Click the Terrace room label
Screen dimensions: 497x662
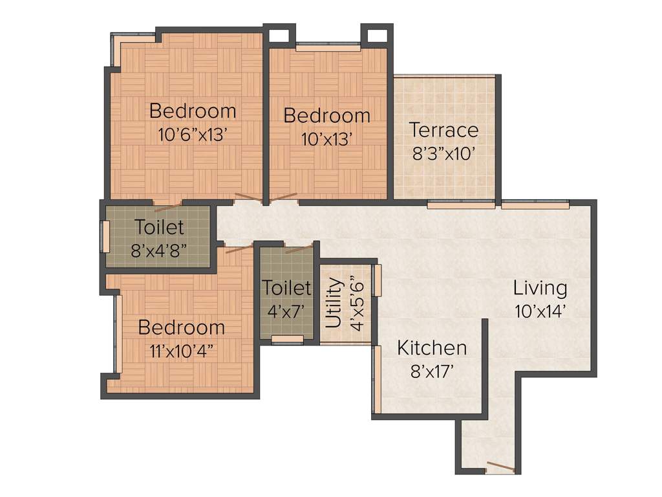point(444,130)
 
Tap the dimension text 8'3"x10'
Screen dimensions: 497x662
point(444,153)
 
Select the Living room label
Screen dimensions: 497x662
point(540,287)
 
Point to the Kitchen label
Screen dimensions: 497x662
point(432,348)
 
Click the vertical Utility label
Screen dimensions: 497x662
point(334,302)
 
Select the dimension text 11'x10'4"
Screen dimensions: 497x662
point(182,351)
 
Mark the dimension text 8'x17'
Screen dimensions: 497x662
point(432,371)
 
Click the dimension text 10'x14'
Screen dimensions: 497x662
point(540,311)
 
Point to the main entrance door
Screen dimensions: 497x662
point(500,467)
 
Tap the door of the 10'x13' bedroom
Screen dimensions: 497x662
point(284,197)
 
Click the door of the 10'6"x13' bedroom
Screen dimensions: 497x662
point(249,197)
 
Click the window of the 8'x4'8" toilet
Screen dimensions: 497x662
point(105,237)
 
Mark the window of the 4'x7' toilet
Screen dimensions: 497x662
point(288,339)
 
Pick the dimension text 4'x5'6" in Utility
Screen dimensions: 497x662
point(356,303)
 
